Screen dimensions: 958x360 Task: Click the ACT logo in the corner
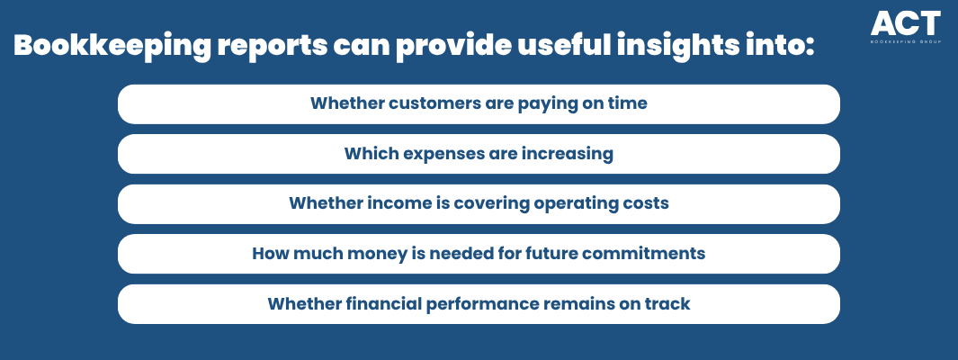(906, 27)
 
